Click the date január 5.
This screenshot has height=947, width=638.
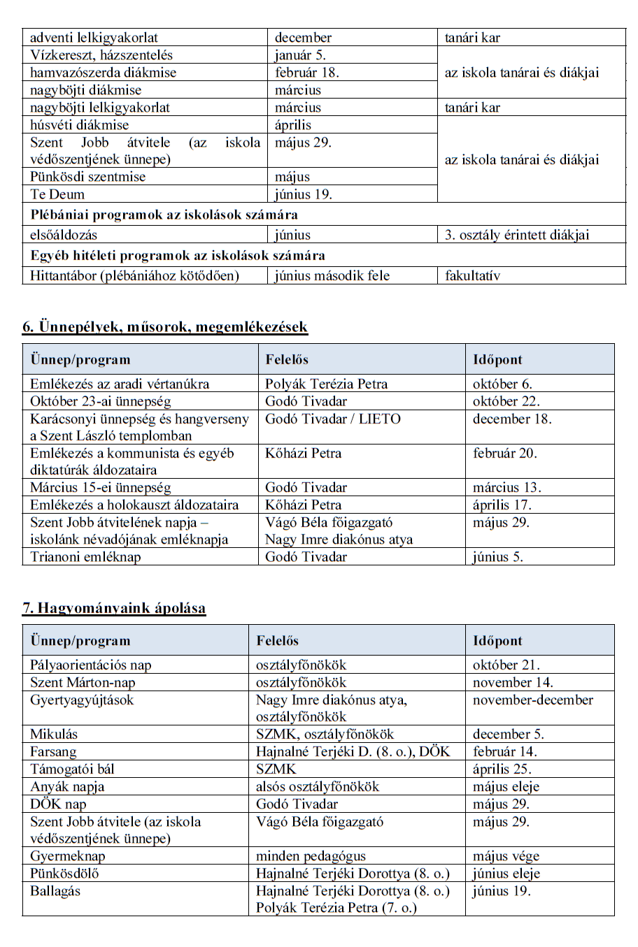point(300,55)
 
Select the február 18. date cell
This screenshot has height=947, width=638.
point(306,73)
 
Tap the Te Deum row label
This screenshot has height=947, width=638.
point(57,194)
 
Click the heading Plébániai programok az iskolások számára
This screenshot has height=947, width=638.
point(164,215)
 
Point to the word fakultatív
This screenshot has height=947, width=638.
point(472,275)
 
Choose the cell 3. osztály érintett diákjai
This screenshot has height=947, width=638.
point(517,235)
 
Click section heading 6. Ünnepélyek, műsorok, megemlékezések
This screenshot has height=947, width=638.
point(165,326)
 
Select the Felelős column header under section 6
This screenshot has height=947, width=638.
point(287,360)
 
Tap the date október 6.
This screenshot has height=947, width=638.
point(502,384)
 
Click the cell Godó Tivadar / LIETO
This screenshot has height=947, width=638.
point(333,419)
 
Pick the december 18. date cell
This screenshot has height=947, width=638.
point(512,419)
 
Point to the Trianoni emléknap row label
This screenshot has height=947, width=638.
point(85,557)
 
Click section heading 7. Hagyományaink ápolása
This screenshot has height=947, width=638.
point(114,607)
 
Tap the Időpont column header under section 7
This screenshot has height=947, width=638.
point(497,641)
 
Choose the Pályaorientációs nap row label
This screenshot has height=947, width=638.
point(91,665)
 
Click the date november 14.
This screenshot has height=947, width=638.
point(513,682)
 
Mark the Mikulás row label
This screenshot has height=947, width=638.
point(54,734)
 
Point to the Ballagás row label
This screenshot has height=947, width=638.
point(55,891)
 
